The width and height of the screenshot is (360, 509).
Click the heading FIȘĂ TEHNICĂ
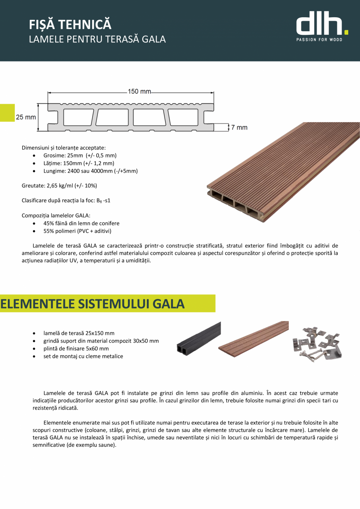[70, 25]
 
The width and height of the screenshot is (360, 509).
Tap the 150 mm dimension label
[139, 92]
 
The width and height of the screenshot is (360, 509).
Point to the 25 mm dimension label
[26, 117]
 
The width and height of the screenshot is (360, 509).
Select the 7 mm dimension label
[239, 127]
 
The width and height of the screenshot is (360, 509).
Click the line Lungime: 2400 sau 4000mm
[90, 171]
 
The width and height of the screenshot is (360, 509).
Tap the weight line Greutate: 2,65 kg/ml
[59, 185]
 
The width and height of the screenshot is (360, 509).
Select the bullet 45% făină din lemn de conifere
[81, 223]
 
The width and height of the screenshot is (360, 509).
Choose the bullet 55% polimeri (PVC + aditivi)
[77, 231]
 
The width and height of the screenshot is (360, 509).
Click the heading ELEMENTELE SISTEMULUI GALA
[92, 304]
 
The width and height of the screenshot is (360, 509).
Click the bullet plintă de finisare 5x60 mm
[76, 348]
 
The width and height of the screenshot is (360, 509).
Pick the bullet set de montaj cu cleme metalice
[83, 356]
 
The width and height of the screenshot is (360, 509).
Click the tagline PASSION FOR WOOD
[319, 40]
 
